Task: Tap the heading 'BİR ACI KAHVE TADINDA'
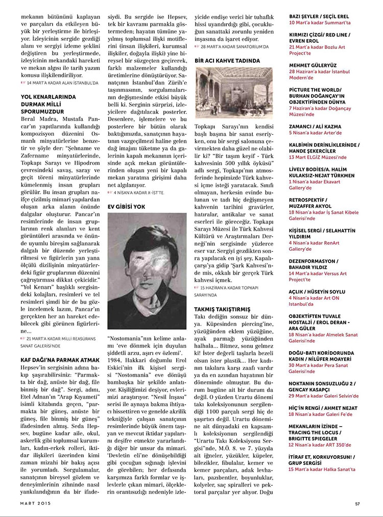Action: click(227, 60)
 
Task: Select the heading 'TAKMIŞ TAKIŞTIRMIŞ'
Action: click(222, 309)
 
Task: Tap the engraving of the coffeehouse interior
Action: click(234, 92)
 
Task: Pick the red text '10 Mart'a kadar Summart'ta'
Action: click(320, 23)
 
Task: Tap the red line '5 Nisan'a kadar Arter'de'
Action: click(315, 132)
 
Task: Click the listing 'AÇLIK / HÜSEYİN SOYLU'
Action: click(317, 292)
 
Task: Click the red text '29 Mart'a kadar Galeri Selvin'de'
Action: click(323, 396)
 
